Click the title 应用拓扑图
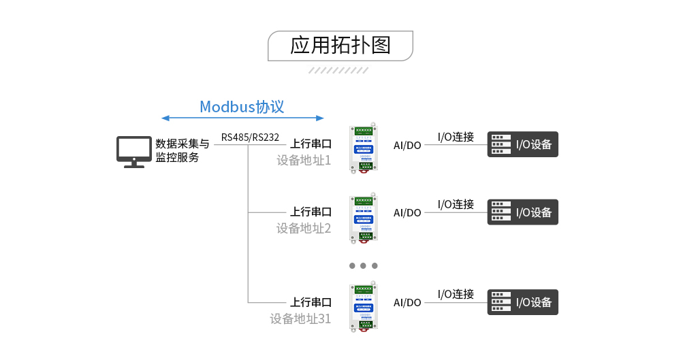pos(340,46)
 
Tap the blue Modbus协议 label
pos(241,107)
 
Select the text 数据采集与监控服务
pos(182,150)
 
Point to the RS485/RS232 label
pos(250,137)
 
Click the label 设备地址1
pos(303,161)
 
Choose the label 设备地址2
pos(303,228)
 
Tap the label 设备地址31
pos(300,318)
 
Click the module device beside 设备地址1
pos(364,148)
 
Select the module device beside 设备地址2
pos(364,217)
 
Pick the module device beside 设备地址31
pos(364,307)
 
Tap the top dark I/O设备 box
pos(522,144)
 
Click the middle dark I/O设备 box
pos(522,212)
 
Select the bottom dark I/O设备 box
pos(522,302)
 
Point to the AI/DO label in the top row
pos(407,145)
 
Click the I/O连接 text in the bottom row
pos(456,294)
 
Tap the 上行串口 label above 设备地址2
pos(311,212)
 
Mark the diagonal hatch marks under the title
pos(338,70)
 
